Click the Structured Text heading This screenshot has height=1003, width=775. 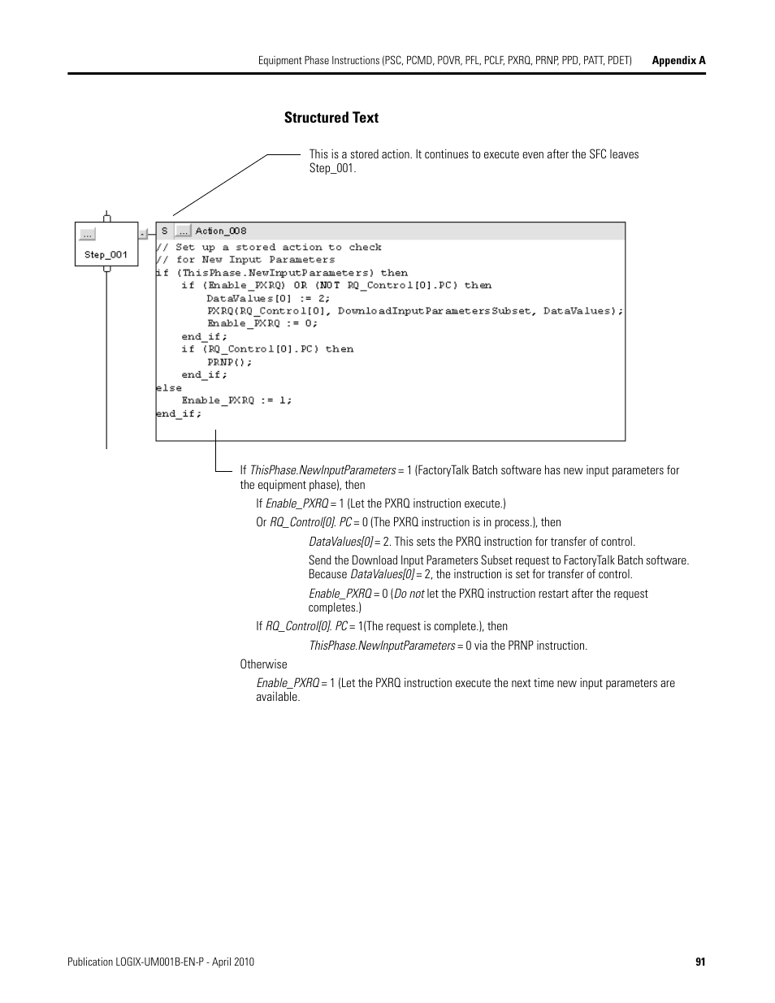pyautogui.click(x=331, y=118)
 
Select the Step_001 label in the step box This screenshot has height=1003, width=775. pyautogui.click(x=106, y=254)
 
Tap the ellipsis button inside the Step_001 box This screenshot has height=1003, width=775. pyautogui.click(x=87, y=235)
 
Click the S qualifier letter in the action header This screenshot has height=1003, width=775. pyautogui.click(x=164, y=231)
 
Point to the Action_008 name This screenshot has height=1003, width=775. pyautogui.click(x=221, y=231)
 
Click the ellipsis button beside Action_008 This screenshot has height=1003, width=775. pyautogui.click(x=183, y=231)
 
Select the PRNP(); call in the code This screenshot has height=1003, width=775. pyautogui.click(x=230, y=361)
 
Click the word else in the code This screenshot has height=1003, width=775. pyautogui.click(x=169, y=387)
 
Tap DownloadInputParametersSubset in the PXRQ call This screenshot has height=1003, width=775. pyautogui.click(x=435, y=311)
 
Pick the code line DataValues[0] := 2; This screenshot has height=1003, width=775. pyautogui.click(x=268, y=298)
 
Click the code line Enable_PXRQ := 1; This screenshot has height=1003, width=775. pyautogui.click(x=236, y=400)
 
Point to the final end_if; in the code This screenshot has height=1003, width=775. pyautogui.click(x=179, y=413)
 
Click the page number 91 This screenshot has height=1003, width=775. pyautogui.click(x=700, y=962)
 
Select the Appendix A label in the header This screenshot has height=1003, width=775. pyautogui.click(x=679, y=61)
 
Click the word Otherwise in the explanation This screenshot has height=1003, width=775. pyautogui.click(x=263, y=664)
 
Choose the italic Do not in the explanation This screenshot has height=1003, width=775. pyautogui.click(x=409, y=594)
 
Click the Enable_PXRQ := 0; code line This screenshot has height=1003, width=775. pyautogui.click(x=262, y=323)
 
